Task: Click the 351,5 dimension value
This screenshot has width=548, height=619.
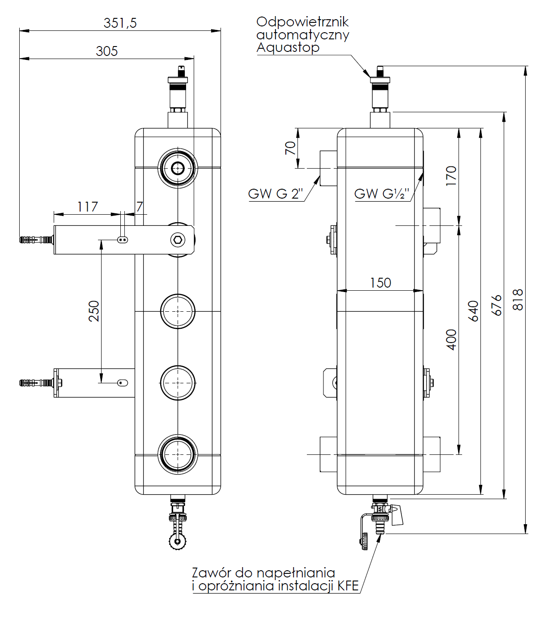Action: click(120, 23)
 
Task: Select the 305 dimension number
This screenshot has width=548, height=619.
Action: click(107, 51)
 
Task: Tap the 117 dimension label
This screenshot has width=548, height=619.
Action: click(87, 207)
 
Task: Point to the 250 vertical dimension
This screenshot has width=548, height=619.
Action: click(94, 311)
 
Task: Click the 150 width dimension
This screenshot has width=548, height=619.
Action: click(380, 283)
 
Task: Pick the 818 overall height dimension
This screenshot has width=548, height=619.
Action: click(518, 300)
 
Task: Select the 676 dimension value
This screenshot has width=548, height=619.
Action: click(497, 305)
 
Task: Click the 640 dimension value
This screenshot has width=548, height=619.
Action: click(473, 311)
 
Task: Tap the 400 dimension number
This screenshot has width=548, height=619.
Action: click(452, 339)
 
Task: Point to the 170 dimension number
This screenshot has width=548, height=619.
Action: click(451, 176)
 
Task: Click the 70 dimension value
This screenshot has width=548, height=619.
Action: click(290, 148)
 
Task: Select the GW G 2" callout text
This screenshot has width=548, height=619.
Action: click(276, 194)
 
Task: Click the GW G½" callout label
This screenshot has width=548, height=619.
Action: click(382, 194)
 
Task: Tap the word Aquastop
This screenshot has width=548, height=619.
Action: click(288, 47)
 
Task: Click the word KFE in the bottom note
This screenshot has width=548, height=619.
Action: click(348, 586)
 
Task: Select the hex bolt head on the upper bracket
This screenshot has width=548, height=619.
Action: click(178, 240)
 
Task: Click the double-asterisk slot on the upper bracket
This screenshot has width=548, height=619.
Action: click(123, 240)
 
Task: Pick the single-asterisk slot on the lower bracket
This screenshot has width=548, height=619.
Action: click(122, 383)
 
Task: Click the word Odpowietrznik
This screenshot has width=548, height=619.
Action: click(302, 22)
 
